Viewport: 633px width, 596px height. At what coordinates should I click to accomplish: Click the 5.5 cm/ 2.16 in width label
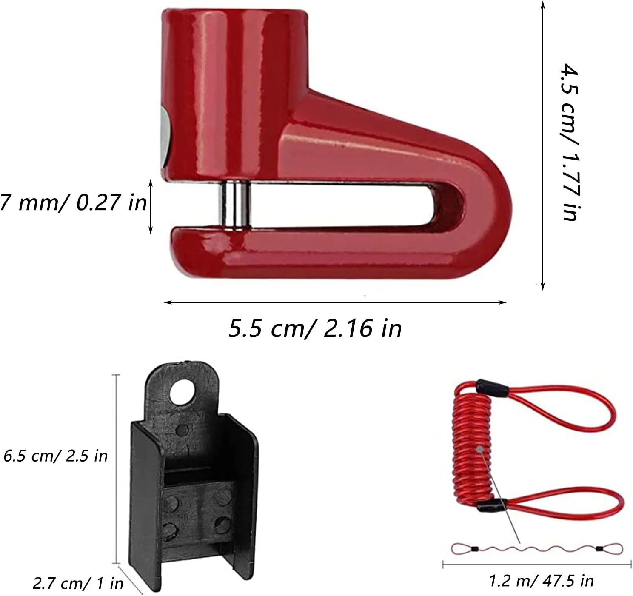click(x=315, y=328)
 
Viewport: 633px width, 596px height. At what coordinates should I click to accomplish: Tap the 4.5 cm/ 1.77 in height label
click(x=570, y=142)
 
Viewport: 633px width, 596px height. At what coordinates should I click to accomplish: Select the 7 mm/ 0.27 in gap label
click(x=73, y=202)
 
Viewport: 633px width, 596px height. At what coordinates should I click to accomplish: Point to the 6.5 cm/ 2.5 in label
click(x=55, y=456)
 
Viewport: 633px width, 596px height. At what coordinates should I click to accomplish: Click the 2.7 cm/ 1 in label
click(x=78, y=584)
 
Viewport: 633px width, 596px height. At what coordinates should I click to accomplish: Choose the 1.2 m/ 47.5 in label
click(x=542, y=581)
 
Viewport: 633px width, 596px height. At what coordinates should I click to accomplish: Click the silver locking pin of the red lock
click(x=235, y=205)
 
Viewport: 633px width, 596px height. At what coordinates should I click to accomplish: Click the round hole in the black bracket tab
click(x=182, y=392)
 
